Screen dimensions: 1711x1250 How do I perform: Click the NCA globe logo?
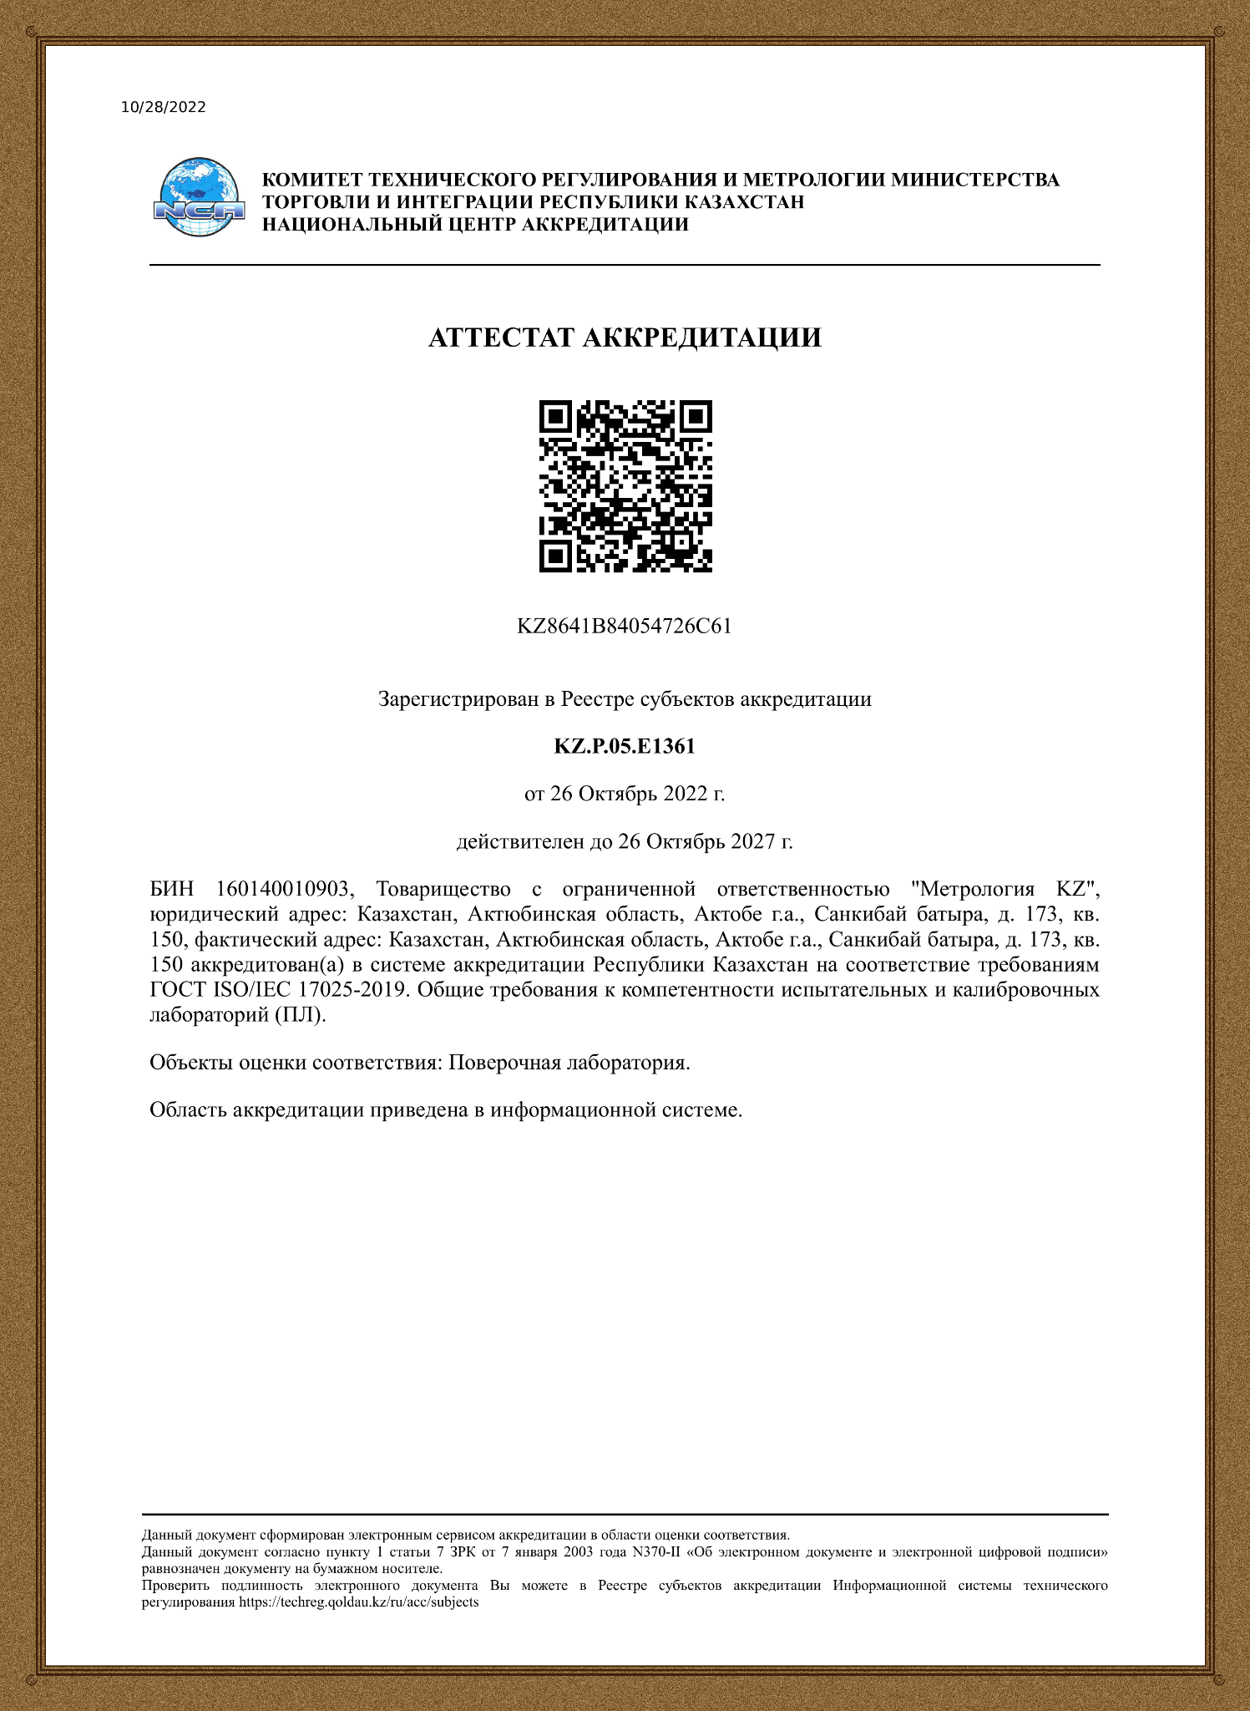click(x=199, y=197)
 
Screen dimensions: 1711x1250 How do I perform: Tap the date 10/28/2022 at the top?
click(x=164, y=107)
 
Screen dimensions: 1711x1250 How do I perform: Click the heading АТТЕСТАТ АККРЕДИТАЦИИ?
click(x=625, y=338)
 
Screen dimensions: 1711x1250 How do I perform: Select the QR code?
click(x=625, y=486)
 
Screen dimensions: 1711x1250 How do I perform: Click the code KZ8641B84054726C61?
click(x=625, y=627)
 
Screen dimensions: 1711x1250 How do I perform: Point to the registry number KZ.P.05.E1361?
click(x=625, y=746)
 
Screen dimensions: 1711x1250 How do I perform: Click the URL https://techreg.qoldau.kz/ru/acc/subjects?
click(x=359, y=1602)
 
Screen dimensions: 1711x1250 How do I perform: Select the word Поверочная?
click(x=504, y=1063)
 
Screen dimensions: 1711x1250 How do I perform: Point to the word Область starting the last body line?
click(x=188, y=1109)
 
